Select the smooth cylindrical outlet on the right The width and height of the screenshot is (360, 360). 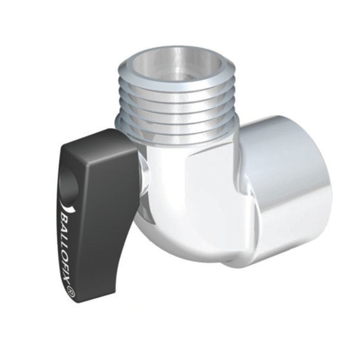pyautogui.click(x=288, y=189)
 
